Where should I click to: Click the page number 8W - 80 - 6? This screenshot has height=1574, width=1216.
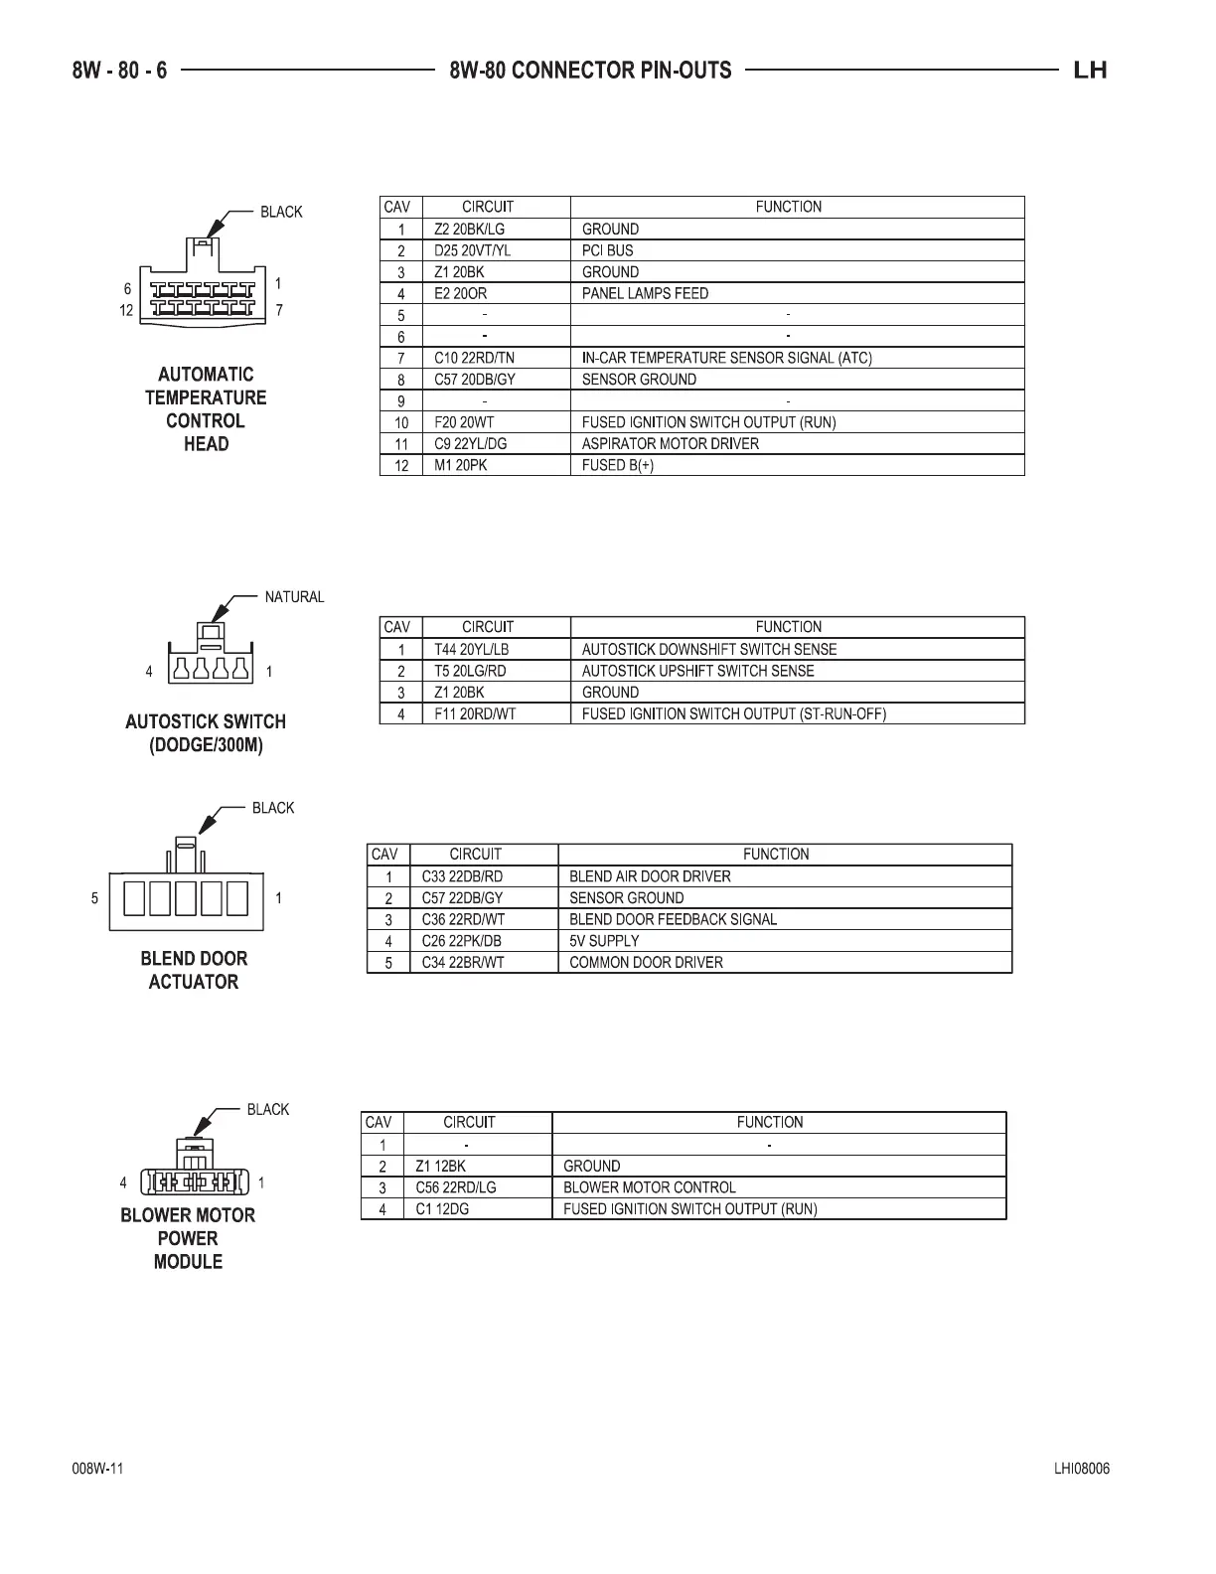click(119, 71)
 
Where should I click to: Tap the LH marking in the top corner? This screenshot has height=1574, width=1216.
click(1090, 71)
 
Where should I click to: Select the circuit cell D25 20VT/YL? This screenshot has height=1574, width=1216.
click(472, 250)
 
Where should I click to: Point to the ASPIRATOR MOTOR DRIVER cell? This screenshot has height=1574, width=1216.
click(671, 443)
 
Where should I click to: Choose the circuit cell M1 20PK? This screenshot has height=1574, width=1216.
click(461, 465)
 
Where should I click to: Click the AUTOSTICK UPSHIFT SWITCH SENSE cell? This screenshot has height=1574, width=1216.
click(697, 671)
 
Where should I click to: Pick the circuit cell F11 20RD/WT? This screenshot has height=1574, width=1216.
click(475, 713)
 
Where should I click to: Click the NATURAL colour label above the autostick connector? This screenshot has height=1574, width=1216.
click(294, 597)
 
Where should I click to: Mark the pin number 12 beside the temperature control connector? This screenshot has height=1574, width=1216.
click(127, 310)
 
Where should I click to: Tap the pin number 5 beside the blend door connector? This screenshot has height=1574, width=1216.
click(95, 898)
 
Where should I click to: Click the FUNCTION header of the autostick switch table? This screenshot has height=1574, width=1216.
click(789, 627)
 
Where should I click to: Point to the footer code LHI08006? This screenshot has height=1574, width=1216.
click(1082, 1470)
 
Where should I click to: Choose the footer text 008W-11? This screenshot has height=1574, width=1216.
click(97, 1470)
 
